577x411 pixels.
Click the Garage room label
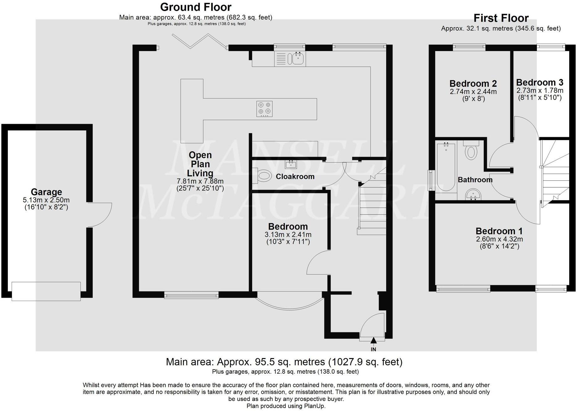point(46,192)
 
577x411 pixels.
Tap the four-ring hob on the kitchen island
point(264,109)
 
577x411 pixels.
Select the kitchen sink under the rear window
point(290,59)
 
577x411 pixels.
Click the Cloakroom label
point(295,176)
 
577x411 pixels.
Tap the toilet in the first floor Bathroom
point(471,150)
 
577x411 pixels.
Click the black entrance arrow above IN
point(373,341)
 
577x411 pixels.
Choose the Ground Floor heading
point(196,7)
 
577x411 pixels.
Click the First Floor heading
point(501,18)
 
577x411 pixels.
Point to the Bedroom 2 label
point(473,84)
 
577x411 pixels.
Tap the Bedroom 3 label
point(540,82)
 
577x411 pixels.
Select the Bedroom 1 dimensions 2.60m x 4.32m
point(500,239)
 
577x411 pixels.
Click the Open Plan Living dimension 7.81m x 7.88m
point(200,181)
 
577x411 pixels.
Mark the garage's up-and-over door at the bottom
point(46,291)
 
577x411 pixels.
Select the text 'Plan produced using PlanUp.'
point(286,406)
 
